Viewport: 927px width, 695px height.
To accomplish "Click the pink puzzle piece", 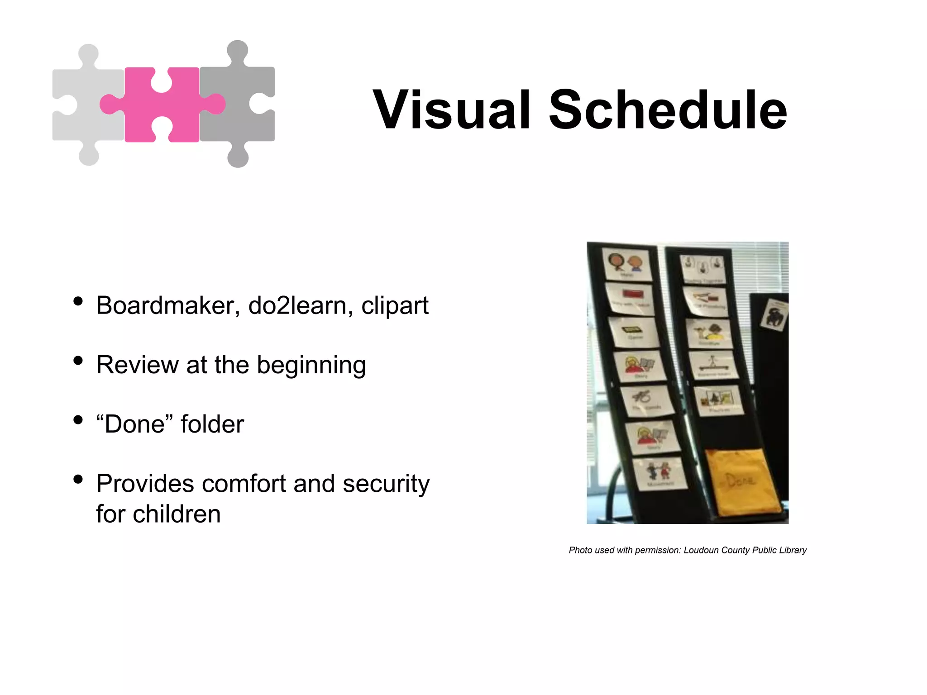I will pyautogui.click(x=162, y=105).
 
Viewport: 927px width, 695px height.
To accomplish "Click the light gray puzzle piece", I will pyautogui.click(x=86, y=105).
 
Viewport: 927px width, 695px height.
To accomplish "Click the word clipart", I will pyautogui.click(x=395, y=306).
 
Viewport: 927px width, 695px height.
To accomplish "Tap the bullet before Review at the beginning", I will pyautogui.click(x=78, y=361).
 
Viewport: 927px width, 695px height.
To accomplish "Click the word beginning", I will pyautogui.click(x=311, y=366).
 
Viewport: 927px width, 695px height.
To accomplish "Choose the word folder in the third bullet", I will pyautogui.click(x=212, y=424).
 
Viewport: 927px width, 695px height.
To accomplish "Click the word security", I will pyautogui.click(x=386, y=484).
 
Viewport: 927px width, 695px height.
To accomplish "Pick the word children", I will pyautogui.click(x=177, y=514).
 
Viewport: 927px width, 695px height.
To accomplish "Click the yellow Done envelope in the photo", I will pyautogui.click(x=742, y=482).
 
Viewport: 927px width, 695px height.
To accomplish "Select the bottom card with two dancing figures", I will pyautogui.click(x=659, y=473).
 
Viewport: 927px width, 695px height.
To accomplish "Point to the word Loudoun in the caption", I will pyautogui.click(x=701, y=550).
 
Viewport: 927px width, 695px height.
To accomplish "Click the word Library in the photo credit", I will pyautogui.click(x=793, y=550).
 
